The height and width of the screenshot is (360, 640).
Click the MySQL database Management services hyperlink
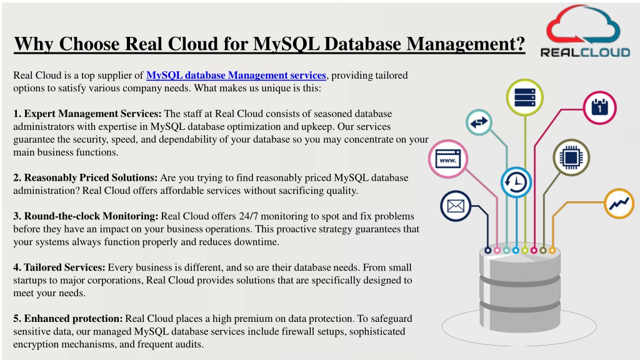tap(236, 76)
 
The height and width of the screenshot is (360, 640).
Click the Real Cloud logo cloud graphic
tap(583, 24)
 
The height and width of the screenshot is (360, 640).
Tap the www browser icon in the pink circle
tap(447, 159)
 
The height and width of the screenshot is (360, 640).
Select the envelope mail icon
tap(456, 206)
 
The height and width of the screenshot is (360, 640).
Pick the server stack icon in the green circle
tap(524, 97)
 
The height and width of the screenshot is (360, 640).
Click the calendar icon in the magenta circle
tap(599, 107)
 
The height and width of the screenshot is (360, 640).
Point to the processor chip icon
tap(571, 157)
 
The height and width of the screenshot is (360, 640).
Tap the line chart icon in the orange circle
tap(619, 203)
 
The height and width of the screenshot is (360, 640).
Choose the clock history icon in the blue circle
tap(516, 182)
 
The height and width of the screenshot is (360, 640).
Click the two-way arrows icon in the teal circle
tap(479, 122)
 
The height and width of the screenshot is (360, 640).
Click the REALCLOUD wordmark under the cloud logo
tap(585, 52)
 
